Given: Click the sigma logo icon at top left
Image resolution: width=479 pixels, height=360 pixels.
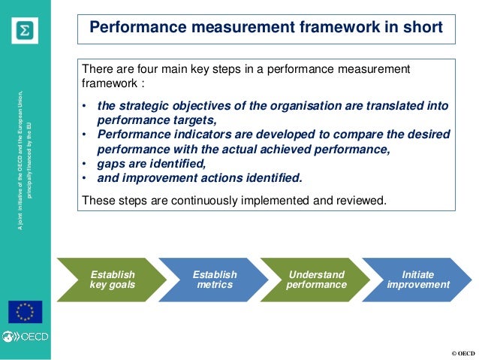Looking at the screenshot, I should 25,31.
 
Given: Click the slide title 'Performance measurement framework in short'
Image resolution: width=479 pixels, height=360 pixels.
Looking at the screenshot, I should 266,29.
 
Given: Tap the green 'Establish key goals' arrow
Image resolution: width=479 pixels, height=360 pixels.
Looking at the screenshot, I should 109,280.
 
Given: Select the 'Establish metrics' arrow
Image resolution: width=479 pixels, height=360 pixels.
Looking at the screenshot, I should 214,280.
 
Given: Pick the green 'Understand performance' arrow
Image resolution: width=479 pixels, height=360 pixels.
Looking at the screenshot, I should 316,280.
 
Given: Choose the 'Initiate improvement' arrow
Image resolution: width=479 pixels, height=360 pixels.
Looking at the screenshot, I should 417,280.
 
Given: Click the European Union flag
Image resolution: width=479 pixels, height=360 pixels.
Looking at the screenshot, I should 25,311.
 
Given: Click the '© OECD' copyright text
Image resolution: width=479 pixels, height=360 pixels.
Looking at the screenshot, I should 462,353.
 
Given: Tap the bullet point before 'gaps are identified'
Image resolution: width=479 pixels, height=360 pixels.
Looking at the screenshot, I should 86,164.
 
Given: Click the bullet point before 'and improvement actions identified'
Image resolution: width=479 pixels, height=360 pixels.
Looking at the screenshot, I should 86,178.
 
